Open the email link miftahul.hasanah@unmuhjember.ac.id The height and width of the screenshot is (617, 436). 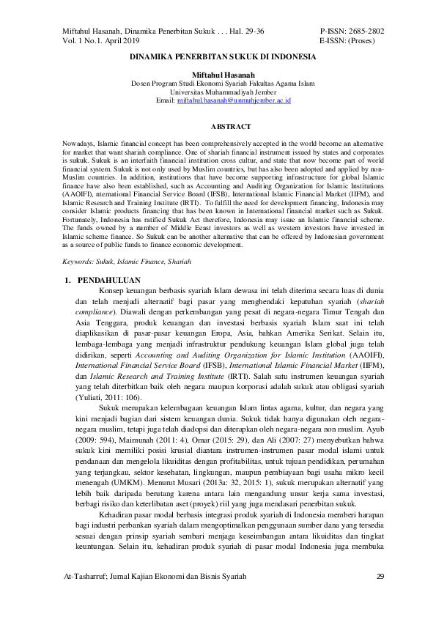coord(234,100)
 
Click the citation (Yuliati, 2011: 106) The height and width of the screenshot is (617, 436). coord(111,396)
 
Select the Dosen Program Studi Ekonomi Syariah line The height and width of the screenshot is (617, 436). coord(223,84)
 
